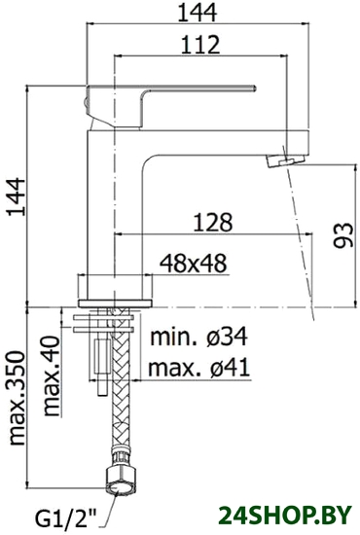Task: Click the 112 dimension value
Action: [200, 44]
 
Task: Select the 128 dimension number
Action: [212, 222]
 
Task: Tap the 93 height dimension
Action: [342, 234]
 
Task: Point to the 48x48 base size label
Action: [194, 263]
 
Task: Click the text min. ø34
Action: [199, 338]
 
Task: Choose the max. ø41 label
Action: [199, 368]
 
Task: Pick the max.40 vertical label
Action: [52, 374]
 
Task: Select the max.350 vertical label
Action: [18, 398]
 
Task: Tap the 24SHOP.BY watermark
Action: [285, 515]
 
